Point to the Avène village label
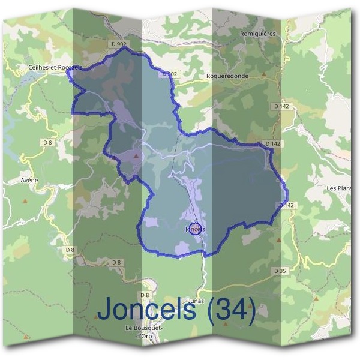[x=29, y=179]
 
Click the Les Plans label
[x=339, y=188]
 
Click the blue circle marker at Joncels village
[x=194, y=229]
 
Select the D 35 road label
[x=280, y=271]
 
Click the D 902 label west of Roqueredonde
[x=170, y=74]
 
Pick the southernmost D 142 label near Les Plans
[x=287, y=205]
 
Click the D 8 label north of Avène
[x=49, y=142]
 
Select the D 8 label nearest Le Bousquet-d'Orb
[x=144, y=295]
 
